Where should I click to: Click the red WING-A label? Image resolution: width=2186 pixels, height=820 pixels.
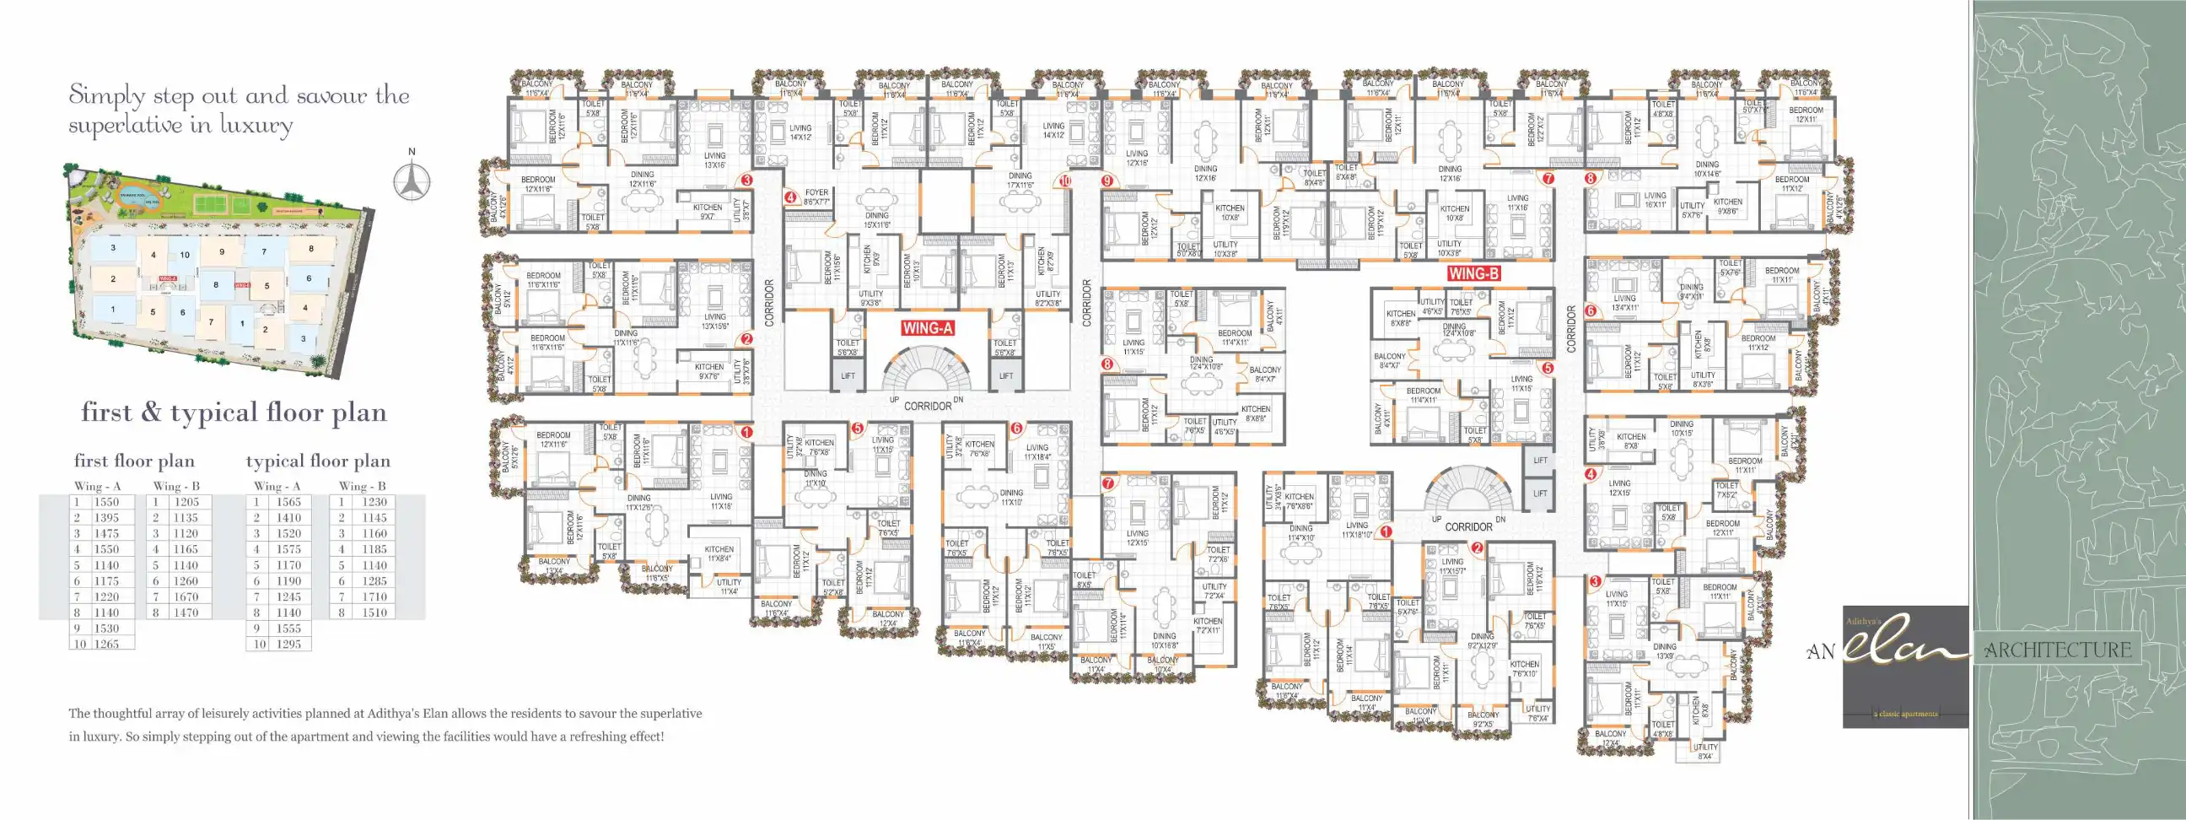coord(928,328)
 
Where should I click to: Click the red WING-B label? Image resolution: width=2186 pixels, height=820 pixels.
coord(1474,273)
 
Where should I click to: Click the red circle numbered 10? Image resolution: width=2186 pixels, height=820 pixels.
coord(1065,181)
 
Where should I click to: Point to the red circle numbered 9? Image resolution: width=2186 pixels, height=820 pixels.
coord(1106,181)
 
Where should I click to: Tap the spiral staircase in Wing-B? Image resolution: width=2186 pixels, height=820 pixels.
coord(1469,491)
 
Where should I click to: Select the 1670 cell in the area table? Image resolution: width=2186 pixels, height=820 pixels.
coord(186,596)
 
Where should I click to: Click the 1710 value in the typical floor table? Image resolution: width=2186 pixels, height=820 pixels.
coord(374,596)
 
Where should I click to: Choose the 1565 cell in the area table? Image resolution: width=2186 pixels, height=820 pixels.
coord(288,502)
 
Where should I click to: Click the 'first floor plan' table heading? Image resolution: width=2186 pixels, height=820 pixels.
coord(134,461)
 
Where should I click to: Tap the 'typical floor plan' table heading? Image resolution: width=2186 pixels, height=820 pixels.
coord(318,461)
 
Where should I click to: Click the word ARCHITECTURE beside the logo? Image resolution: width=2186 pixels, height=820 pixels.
coord(2057,650)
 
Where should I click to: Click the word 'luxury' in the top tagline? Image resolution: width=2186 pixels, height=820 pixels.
coord(256,126)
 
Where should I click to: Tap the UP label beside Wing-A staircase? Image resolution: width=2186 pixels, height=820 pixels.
coord(894,400)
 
